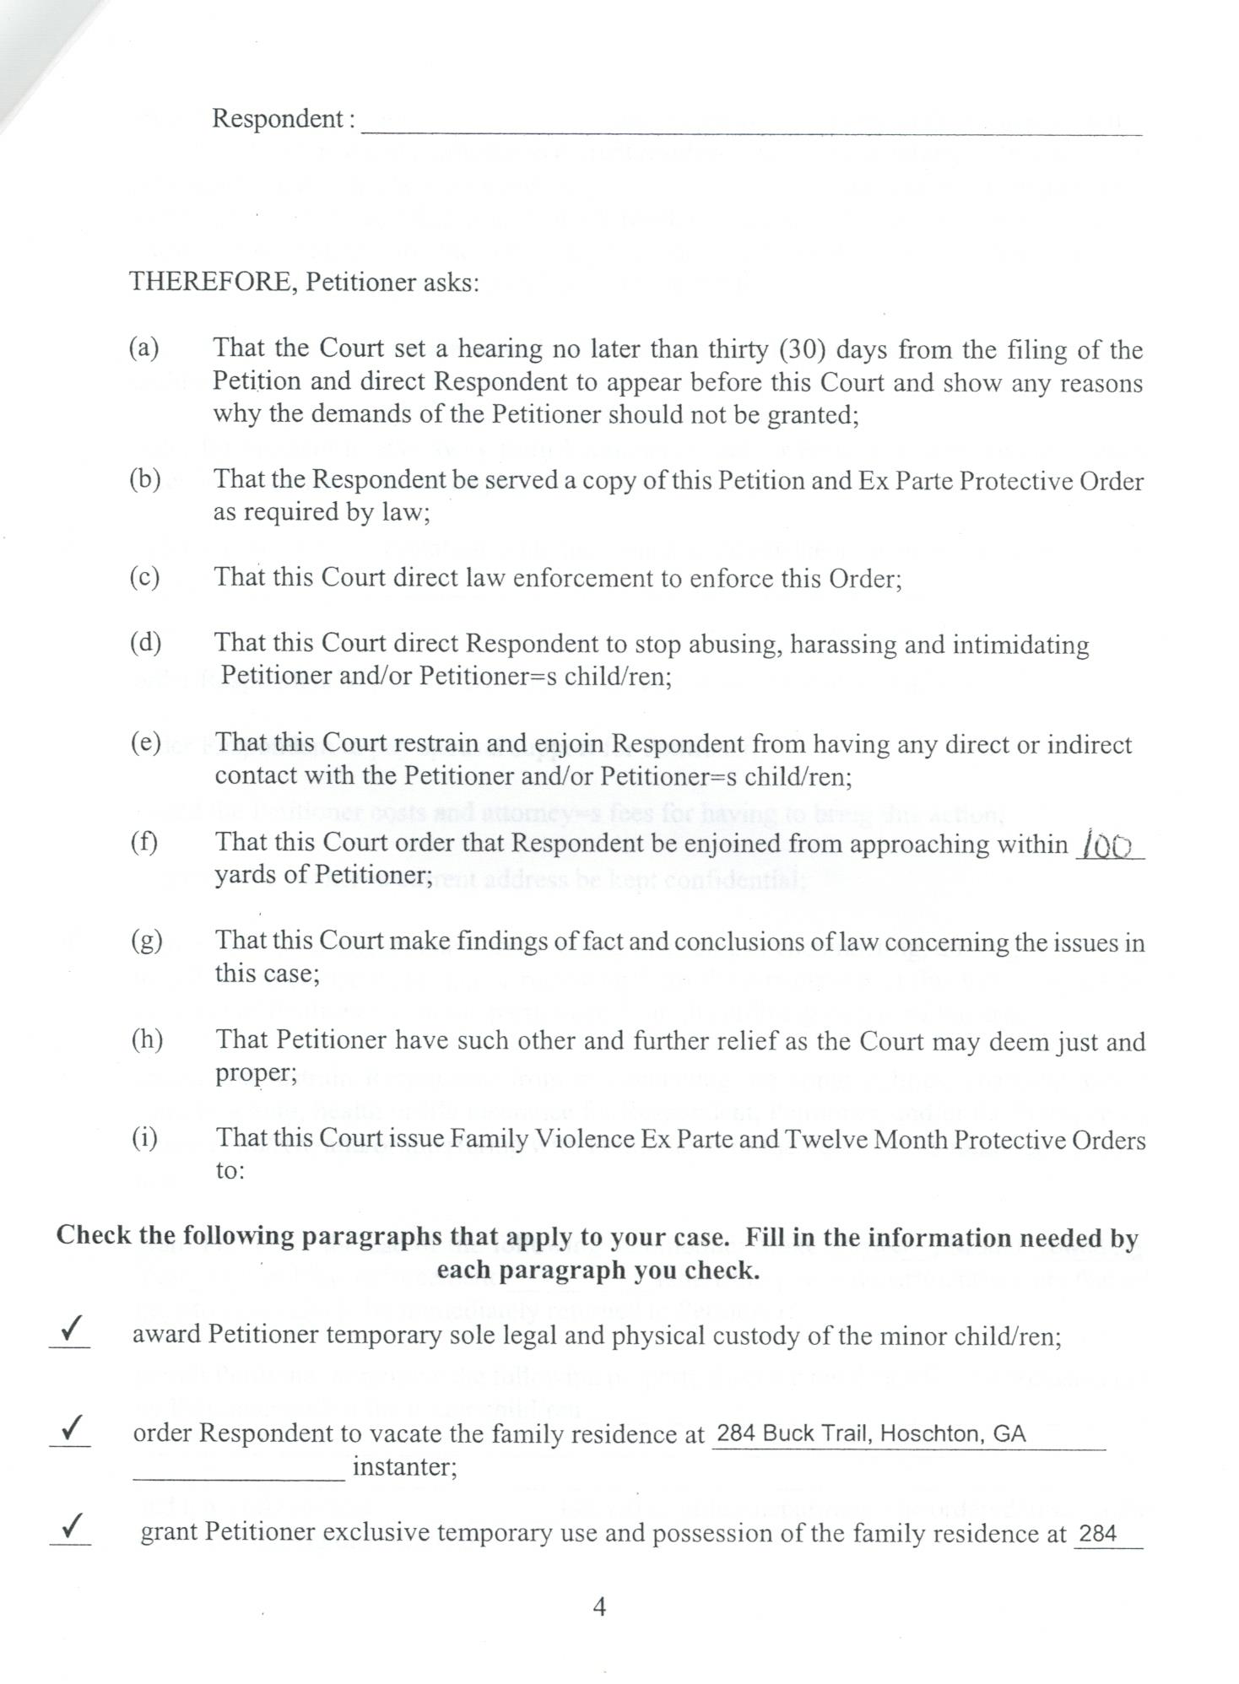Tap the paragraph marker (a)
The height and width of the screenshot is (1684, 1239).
click(x=145, y=348)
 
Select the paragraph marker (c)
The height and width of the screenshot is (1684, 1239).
click(x=145, y=577)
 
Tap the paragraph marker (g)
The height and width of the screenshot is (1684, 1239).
click(x=146, y=941)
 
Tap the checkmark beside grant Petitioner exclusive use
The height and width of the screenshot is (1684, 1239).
click(x=72, y=1526)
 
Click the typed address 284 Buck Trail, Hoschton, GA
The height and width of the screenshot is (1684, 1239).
click(x=870, y=1434)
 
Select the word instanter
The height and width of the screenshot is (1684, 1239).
click(x=404, y=1467)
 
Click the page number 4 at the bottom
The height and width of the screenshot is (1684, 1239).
click(x=599, y=1607)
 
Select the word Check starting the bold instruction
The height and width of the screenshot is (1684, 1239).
click(x=95, y=1236)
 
